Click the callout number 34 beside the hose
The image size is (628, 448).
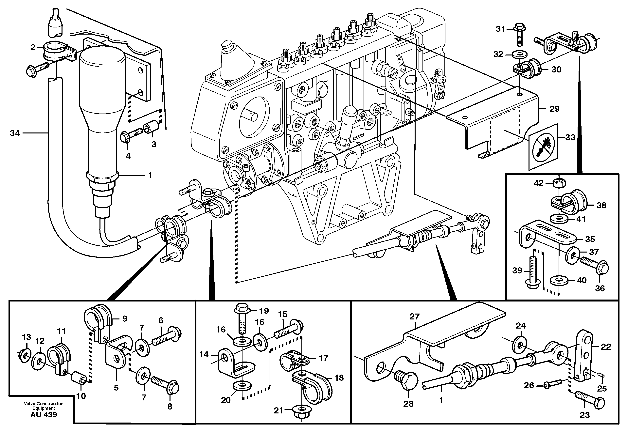pos(15,133)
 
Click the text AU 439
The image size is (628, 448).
pos(44,415)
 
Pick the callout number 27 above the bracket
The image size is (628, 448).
pos(414,317)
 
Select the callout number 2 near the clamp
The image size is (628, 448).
pos(33,48)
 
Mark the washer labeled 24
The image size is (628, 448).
pos(520,345)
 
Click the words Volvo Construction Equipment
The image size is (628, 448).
pos(44,406)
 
